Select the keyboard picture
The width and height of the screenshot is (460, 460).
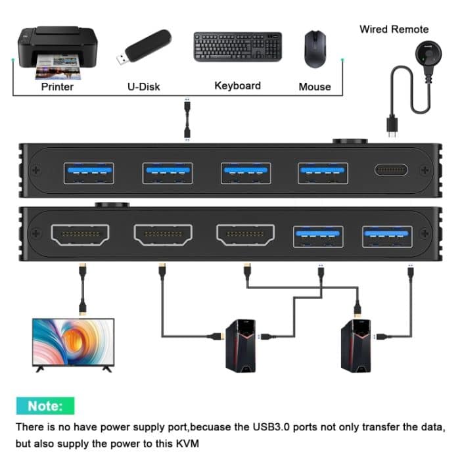[x=237, y=47]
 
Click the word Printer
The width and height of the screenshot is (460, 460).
[x=57, y=86]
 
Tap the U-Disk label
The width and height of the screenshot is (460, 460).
[x=143, y=86]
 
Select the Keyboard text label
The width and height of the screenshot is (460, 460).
[x=237, y=85]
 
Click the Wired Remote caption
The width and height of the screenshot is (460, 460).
[x=394, y=29]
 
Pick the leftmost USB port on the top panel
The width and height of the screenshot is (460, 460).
[x=89, y=173]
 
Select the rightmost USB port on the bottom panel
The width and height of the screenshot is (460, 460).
[x=387, y=236]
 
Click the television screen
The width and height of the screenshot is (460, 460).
[x=74, y=342]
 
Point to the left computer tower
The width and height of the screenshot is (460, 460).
[x=240, y=345]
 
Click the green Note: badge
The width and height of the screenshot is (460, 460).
[x=45, y=406]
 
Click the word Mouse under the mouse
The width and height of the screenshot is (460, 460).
[x=315, y=86]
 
